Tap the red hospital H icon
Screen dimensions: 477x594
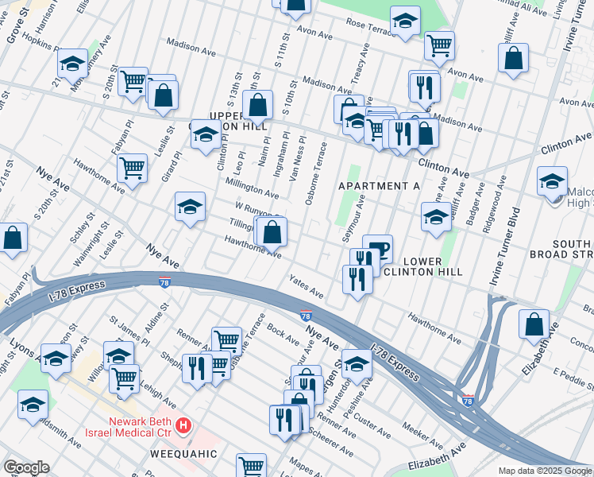[x=184, y=426]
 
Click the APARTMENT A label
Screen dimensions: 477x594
[x=379, y=186]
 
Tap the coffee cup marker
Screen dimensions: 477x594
[x=378, y=250]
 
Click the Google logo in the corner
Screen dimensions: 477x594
[x=26, y=467]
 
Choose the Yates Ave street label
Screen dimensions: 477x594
[x=306, y=293]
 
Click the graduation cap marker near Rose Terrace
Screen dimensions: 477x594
[x=404, y=23]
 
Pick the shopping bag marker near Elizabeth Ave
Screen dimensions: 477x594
[x=534, y=325]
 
